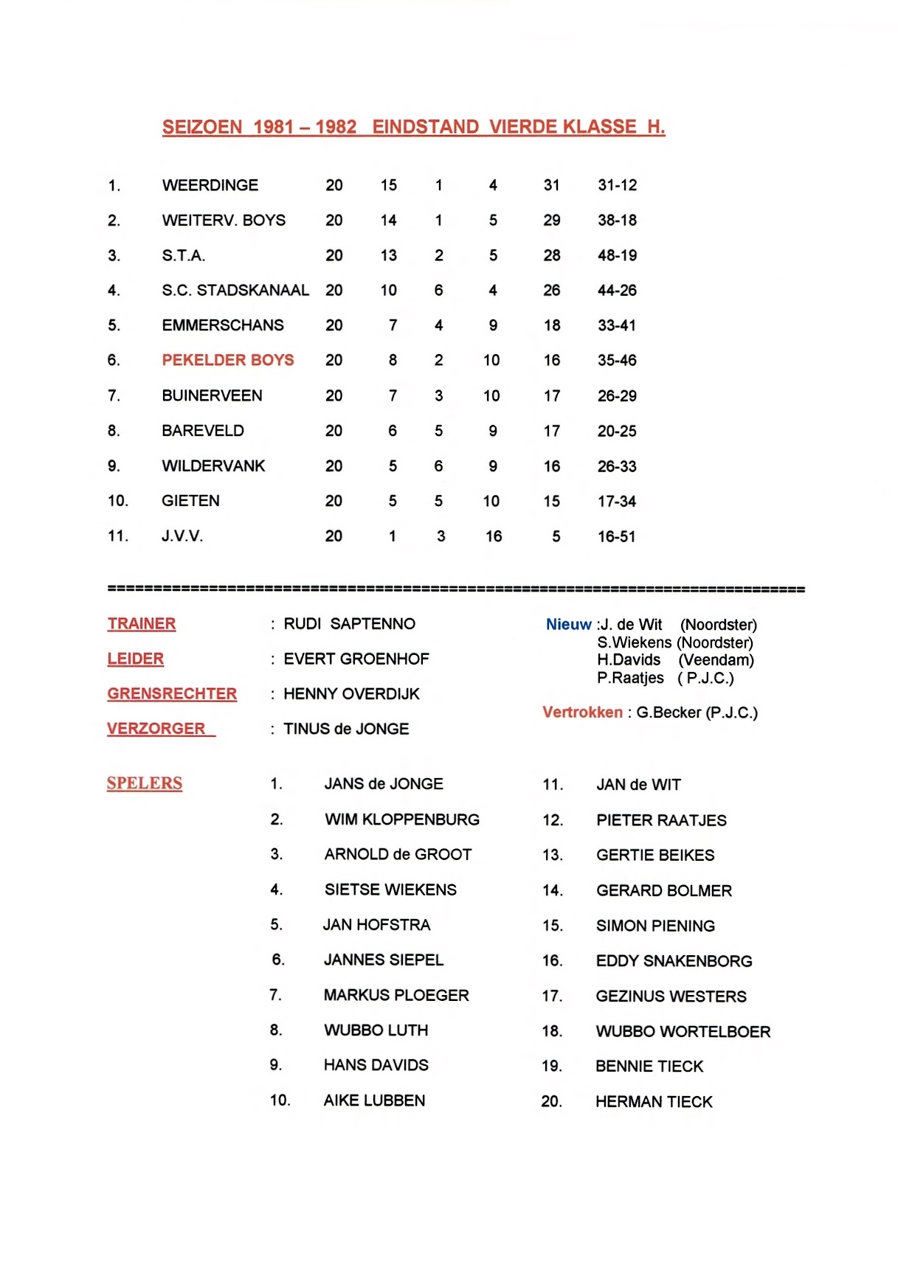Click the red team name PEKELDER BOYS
(x=228, y=360)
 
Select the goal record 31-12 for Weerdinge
(x=617, y=185)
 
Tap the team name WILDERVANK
(x=213, y=466)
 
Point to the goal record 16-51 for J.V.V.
(x=616, y=536)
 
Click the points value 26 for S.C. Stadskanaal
(x=551, y=291)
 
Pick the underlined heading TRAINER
(x=142, y=624)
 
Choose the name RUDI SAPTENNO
(x=349, y=624)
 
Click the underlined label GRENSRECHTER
(x=172, y=694)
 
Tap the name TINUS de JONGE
(x=346, y=729)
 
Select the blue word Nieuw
(x=568, y=625)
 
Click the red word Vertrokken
(x=582, y=713)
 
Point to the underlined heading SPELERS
(x=145, y=783)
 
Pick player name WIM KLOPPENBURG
(x=402, y=819)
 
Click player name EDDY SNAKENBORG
(x=674, y=961)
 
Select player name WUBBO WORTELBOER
(x=683, y=1031)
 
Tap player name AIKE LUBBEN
(x=374, y=1101)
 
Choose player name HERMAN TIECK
(x=654, y=1102)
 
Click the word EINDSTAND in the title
(x=425, y=127)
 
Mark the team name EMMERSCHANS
(x=223, y=325)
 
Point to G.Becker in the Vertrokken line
(x=669, y=713)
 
